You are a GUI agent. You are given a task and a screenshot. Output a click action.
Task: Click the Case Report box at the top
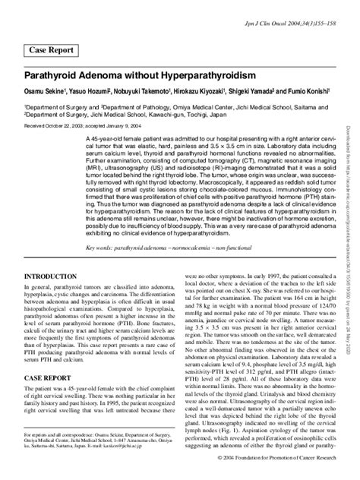[52, 51]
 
